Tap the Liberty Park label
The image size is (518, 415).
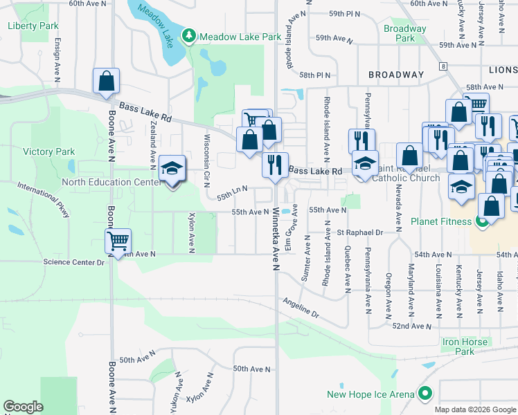tap(33, 26)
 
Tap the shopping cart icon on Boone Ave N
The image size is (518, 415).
tap(118, 241)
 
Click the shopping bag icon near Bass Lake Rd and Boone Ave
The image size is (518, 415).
tap(106, 80)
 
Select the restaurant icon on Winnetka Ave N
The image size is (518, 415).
tap(275, 165)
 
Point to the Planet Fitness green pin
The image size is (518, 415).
tap(483, 222)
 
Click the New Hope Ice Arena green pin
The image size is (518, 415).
tap(425, 394)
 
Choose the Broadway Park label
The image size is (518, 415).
tap(405, 33)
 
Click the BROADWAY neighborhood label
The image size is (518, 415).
tap(396, 74)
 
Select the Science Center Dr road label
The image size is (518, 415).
tap(73, 262)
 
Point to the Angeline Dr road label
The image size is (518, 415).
tap(301, 308)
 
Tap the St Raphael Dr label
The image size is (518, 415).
tap(360, 232)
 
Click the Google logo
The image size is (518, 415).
tap(24, 407)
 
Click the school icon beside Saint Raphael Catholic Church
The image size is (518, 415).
tap(365, 163)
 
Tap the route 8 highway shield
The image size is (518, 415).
tap(442, 66)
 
